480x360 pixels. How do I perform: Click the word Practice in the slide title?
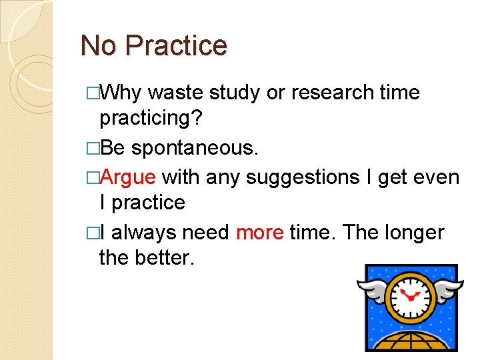point(176,45)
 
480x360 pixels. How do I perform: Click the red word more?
point(260,232)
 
